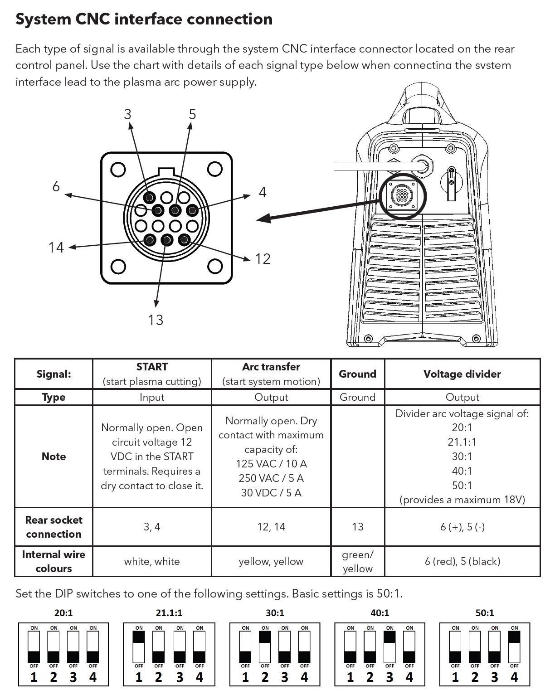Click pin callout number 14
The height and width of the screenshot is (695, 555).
(56, 248)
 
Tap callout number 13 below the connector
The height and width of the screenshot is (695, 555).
(155, 320)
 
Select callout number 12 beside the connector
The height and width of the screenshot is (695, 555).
(263, 259)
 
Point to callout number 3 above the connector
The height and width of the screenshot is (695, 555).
(127, 114)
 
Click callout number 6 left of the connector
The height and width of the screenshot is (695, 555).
(56, 186)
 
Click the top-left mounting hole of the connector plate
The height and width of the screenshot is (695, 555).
(118, 169)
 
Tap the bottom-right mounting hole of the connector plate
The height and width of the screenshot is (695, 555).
(215, 266)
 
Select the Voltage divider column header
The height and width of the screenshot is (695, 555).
(462, 374)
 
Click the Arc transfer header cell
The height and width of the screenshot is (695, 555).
(271, 374)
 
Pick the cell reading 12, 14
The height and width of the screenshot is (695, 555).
(271, 527)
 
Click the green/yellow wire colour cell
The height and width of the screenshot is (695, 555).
(357, 561)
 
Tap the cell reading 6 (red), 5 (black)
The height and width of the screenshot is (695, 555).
(462, 561)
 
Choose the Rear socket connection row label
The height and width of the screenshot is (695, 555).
(54, 527)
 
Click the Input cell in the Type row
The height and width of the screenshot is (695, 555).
(151, 397)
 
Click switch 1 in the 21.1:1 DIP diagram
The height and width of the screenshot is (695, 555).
(139, 646)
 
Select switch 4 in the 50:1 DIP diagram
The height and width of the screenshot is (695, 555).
(514, 646)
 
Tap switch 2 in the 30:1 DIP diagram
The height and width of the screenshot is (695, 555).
(265, 646)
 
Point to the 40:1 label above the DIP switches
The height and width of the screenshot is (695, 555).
(380, 613)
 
